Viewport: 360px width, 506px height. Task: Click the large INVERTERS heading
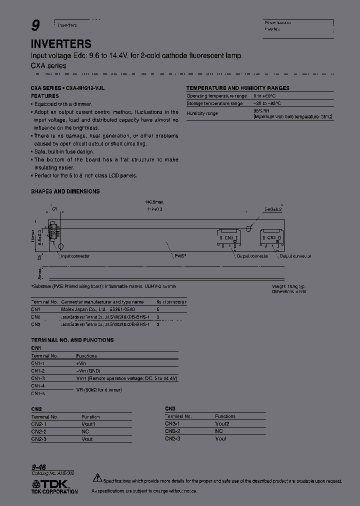point(61,44)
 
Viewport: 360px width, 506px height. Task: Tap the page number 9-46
point(38,466)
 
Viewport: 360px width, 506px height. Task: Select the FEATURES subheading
point(45,95)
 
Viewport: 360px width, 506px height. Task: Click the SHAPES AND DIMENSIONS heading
point(65,191)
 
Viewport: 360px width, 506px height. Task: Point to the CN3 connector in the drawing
point(228,237)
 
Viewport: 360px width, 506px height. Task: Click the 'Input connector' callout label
point(75,256)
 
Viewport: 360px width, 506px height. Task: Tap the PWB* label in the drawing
point(180,256)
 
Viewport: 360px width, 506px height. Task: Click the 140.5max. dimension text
point(155,202)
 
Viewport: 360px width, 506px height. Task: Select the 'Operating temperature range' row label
point(216,95)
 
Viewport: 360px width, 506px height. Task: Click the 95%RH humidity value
point(261,111)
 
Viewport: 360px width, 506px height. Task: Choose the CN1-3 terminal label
point(38,378)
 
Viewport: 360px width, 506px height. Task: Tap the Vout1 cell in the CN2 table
point(88,424)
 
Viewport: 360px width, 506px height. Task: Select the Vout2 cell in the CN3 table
point(222,423)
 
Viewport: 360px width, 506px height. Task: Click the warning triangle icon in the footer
point(97,478)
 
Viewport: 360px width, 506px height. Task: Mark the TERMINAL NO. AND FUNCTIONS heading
point(72,340)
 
